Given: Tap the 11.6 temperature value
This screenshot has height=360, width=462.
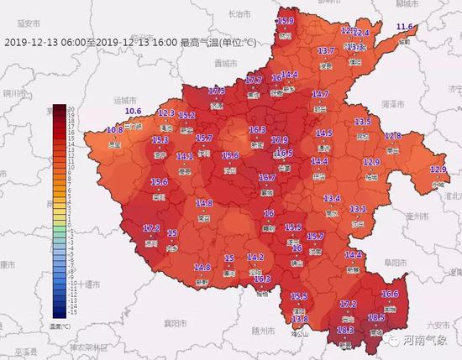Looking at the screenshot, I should [x=406, y=28].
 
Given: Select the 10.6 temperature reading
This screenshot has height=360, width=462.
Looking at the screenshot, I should [x=133, y=112].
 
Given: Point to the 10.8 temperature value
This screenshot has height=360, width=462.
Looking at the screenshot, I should [x=115, y=130].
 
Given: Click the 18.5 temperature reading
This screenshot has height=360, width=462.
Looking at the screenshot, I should [x=376, y=317].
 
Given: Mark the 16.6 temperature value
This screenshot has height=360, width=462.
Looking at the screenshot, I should [x=390, y=295].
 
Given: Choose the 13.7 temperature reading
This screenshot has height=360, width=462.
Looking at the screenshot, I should [x=326, y=51].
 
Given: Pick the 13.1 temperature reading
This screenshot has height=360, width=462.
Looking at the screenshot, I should [x=359, y=208].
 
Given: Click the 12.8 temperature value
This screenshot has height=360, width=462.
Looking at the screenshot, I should [x=392, y=136].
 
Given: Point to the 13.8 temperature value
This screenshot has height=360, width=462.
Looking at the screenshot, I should [x=300, y=320].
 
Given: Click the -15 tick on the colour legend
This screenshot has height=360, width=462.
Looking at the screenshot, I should [x=71, y=312].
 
